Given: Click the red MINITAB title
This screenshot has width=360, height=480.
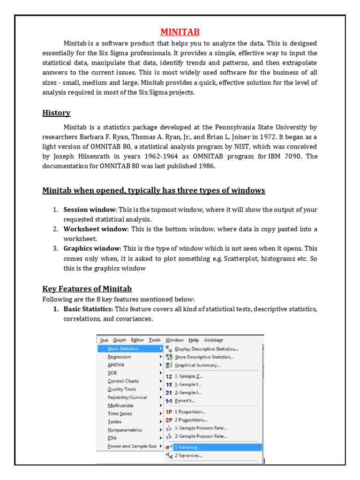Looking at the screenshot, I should tap(180, 32).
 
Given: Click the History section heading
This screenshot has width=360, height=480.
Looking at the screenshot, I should tap(56, 113).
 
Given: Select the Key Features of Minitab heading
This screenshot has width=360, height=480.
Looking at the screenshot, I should tap(87, 289).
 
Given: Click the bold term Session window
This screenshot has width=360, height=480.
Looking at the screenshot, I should tap(89, 210).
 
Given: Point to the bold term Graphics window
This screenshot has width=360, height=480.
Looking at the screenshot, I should tap(92, 248).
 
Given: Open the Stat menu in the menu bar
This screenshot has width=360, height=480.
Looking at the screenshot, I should tap(104, 340).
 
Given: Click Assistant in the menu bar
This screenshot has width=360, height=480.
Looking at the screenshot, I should tap(213, 340).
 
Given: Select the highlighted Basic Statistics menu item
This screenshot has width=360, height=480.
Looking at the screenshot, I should tap(123, 349).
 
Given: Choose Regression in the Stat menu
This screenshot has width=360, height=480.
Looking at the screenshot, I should tap(119, 357).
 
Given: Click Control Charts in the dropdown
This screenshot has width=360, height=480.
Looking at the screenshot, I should tap(123, 381).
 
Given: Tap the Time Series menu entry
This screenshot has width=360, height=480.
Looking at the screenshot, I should tap(120, 414).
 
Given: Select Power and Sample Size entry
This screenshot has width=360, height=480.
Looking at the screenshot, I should tap(132, 446).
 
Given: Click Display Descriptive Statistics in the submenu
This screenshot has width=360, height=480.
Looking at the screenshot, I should tap(206, 349).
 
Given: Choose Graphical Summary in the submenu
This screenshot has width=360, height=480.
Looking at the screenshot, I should tap(197, 365).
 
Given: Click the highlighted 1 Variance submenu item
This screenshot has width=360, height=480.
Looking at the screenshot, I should tap(188, 447).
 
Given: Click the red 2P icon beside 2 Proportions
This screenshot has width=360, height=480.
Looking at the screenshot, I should tap(169, 420).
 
